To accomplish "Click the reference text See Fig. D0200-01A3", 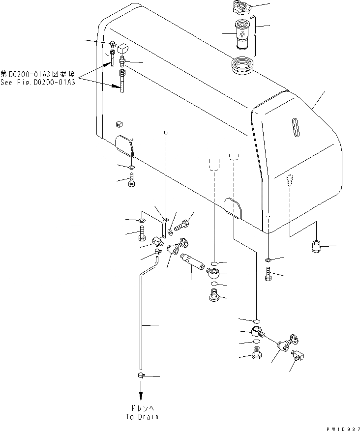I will [x=45, y=82].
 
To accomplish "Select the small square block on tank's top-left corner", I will [x=123, y=49].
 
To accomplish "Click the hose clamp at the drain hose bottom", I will [x=141, y=376].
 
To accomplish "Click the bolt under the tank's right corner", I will [x=268, y=274].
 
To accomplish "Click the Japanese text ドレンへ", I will [x=142, y=408].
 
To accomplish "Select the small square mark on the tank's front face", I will [x=119, y=123].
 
